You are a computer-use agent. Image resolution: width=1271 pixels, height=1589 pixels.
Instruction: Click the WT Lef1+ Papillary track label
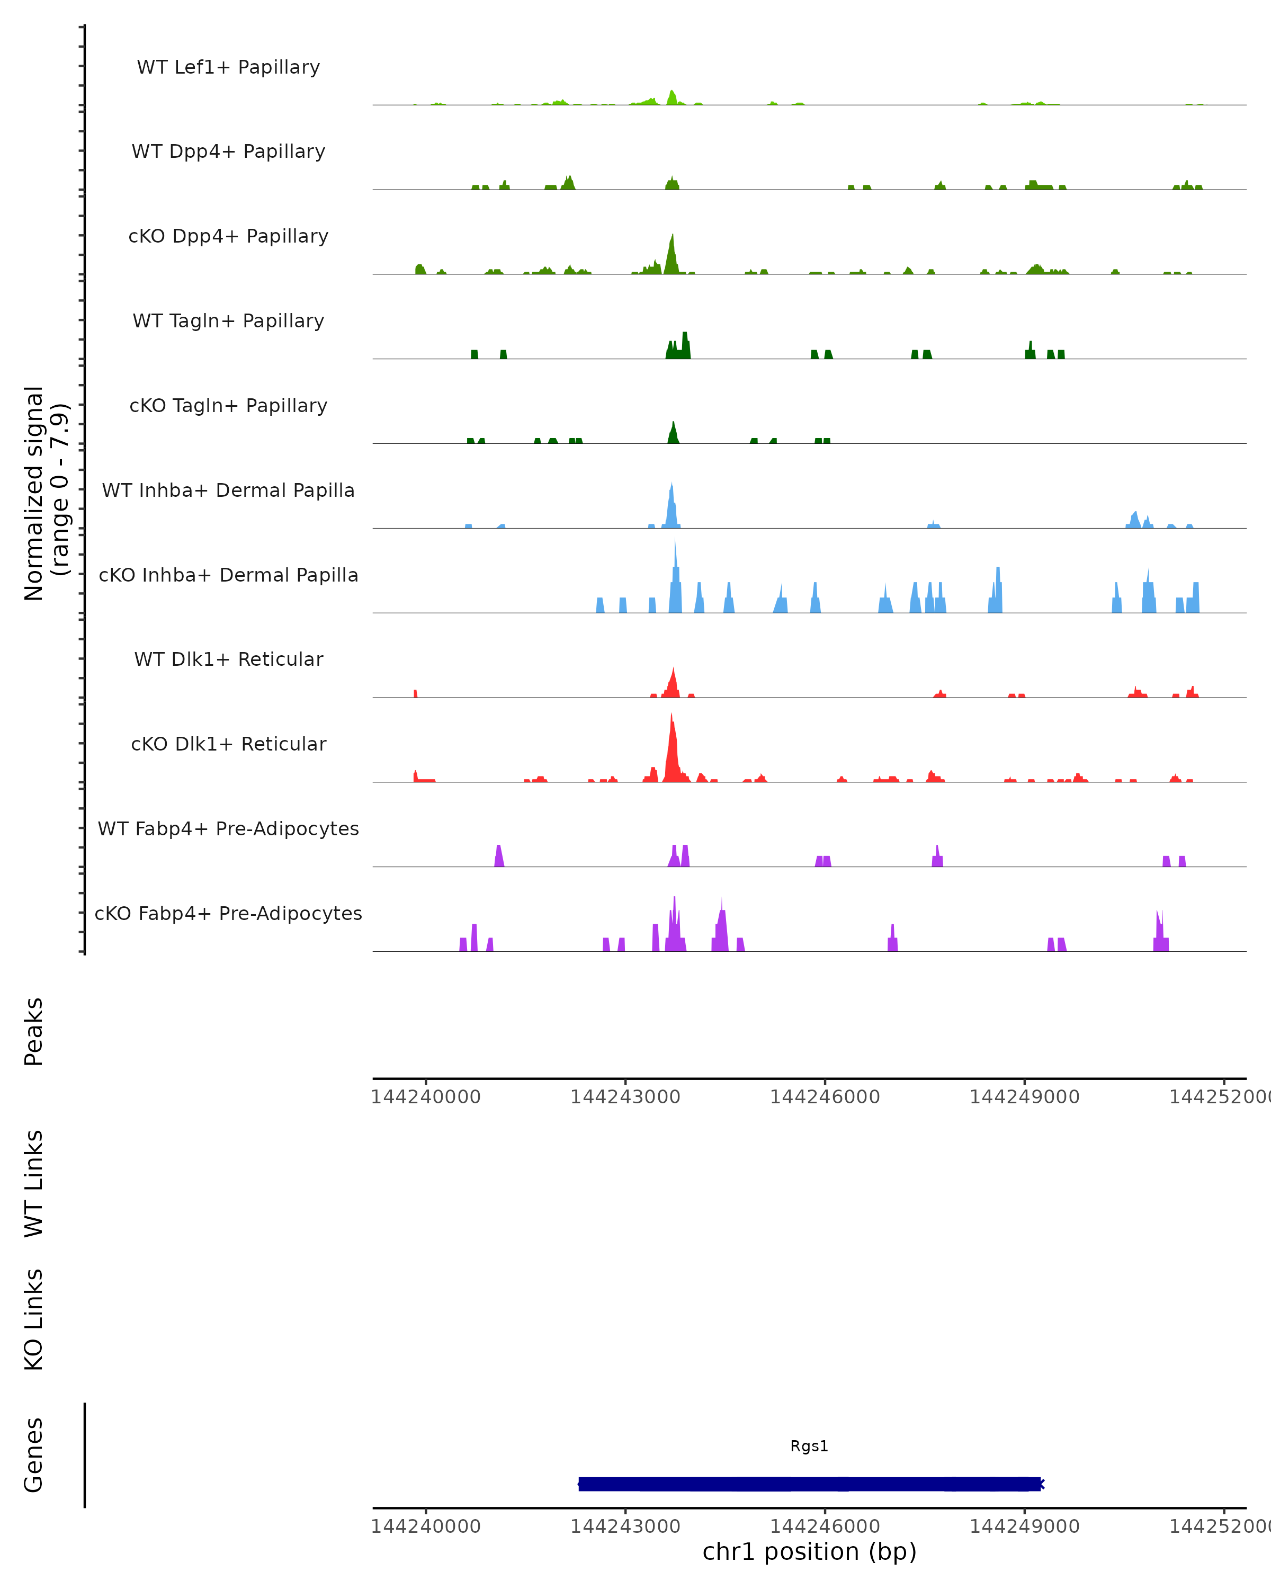(x=228, y=67)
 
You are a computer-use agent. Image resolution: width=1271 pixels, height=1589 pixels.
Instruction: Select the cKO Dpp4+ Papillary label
(x=228, y=237)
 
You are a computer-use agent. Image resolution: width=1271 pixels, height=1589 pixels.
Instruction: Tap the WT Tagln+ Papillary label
(x=228, y=322)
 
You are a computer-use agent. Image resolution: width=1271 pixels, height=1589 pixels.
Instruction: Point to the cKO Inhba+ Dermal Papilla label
(x=228, y=576)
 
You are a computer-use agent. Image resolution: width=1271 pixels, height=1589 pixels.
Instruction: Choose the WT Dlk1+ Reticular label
(x=228, y=659)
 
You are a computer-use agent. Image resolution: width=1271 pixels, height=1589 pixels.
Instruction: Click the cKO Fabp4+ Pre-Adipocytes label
(x=228, y=914)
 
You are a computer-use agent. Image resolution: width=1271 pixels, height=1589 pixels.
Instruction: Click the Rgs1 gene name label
(x=809, y=1446)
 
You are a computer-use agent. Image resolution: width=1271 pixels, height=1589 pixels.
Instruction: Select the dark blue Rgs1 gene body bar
(x=809, y=1484)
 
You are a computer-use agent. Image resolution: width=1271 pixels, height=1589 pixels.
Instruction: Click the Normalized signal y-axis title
(x=46, y=493)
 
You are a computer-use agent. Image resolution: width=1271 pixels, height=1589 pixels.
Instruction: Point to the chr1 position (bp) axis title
(x=809, y=1551)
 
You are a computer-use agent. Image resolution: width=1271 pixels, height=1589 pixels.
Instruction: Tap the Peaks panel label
(x=34, y=1032)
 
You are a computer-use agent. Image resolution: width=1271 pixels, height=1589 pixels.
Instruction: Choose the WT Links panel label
(x=34, y=1183)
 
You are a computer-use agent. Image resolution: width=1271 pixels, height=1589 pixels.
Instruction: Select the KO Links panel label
(x=34, y=1319)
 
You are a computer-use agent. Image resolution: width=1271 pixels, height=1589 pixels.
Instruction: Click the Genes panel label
(x=34, y=1455)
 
